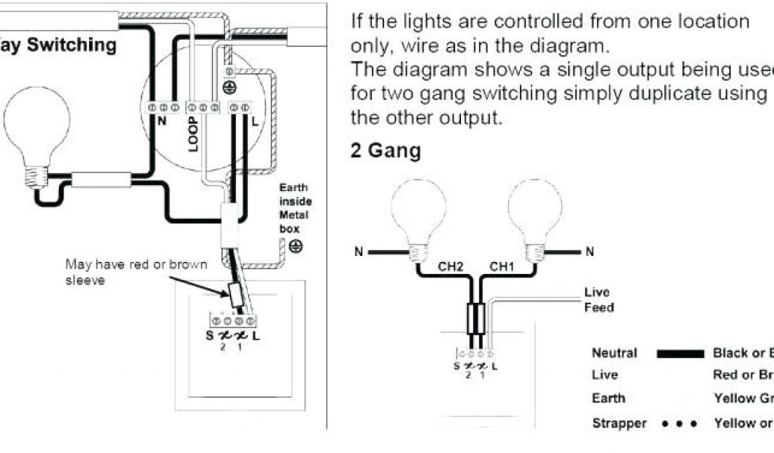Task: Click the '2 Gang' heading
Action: [385, 150]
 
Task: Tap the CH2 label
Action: [450, 267]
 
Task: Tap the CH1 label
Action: [502, 267]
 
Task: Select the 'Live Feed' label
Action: [598, 300]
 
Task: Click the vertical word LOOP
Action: [193, 134]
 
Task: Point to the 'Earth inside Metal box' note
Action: [295, 208]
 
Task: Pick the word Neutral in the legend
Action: [614, 353]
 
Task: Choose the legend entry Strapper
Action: [619, 424]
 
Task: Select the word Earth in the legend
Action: [608, 398]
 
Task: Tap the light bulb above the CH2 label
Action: [419, 215]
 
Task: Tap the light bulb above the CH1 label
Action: [535, 215]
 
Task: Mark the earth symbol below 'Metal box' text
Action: [297, 245]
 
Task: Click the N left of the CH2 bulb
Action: [360, 251]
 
